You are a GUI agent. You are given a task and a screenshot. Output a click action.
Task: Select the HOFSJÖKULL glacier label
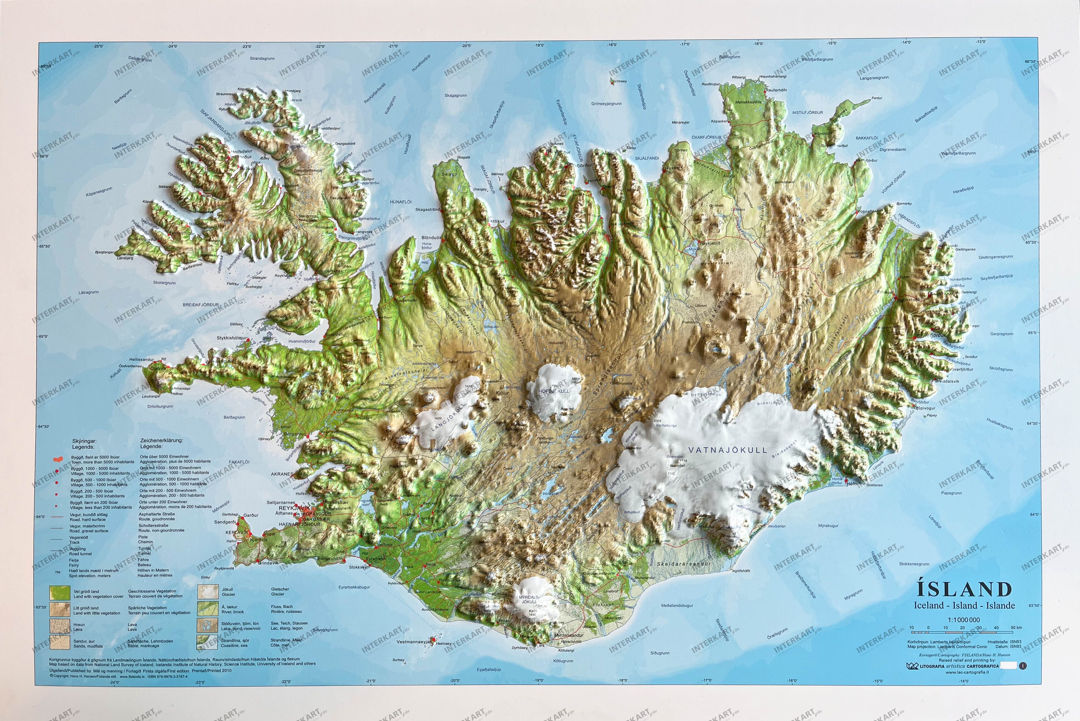tap(554, 391)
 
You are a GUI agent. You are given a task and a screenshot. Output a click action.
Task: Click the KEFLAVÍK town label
tap(236, 533)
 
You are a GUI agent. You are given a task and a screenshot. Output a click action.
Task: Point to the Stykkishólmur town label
tap(232, 338)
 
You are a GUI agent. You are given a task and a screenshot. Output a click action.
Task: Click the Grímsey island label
tap(620, 81)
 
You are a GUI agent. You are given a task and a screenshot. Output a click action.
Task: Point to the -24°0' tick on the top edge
tap(173, 46)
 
